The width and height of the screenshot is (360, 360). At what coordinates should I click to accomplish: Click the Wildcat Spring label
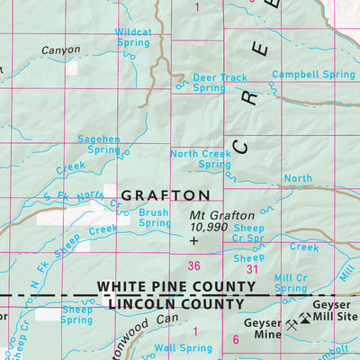[x=133, y=37]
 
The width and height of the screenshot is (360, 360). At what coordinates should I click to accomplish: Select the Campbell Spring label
[x=313, y=75]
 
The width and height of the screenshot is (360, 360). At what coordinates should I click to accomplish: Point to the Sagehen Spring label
[x=101, y=144]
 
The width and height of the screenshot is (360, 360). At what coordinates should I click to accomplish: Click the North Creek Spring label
[x=201, y=159]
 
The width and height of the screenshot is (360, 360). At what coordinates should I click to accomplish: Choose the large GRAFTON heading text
[x=166, y=194]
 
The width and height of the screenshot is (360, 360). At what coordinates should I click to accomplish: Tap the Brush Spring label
[x=155, y=218]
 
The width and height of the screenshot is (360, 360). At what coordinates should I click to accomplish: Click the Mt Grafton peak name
[x=222, y=216]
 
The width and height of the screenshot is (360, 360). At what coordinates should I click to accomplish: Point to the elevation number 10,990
[x=209, y=229]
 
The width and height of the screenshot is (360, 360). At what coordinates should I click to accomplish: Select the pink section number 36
[x=193, y=265]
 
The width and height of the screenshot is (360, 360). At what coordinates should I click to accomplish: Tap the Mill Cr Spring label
[x=291, y=283]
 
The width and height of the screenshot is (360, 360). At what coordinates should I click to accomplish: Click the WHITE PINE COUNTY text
[x=176, y=287]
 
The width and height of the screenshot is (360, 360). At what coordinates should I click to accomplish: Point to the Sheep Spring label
[x=76, y=314]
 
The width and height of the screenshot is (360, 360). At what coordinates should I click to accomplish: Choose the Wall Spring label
[x=176, y=347]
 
